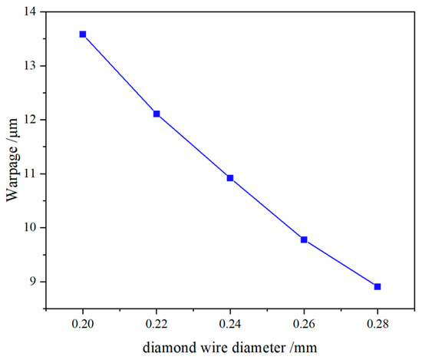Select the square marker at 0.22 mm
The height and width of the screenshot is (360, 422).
tap(157, 114)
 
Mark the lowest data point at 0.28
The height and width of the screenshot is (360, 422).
tap(377, 286)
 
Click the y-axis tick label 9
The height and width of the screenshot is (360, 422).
tap(34, 282)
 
